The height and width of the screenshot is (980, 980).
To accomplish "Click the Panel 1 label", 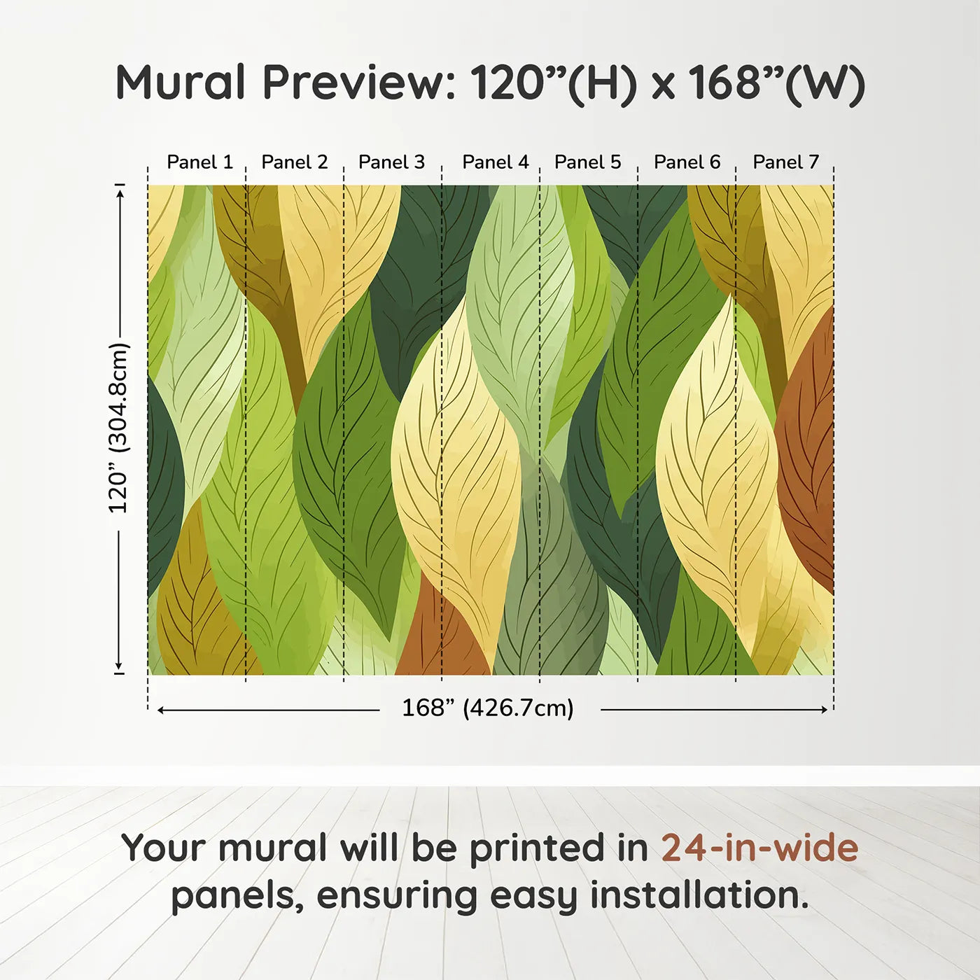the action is tap(200, 162).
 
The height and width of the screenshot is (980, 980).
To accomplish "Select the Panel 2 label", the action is tap(295, 162).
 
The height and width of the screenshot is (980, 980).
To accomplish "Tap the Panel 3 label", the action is tap(391, 162).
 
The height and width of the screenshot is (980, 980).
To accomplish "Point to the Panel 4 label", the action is tap(496, 162).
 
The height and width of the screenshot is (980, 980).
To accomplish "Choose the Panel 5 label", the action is tap(588, 162).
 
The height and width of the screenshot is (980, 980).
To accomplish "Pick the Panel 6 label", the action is tap(687, 162).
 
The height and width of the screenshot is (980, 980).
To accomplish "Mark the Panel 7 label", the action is tap(785, 162).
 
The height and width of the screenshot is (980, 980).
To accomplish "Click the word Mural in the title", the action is tap(181, 82).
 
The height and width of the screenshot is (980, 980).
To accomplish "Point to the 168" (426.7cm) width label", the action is tap(488, 708).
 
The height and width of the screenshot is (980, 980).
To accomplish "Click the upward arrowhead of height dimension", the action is tap(120, 192).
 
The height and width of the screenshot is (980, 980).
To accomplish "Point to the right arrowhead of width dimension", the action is tap(824, 710).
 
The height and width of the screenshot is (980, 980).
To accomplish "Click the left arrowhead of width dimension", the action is tap(161, 710).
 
